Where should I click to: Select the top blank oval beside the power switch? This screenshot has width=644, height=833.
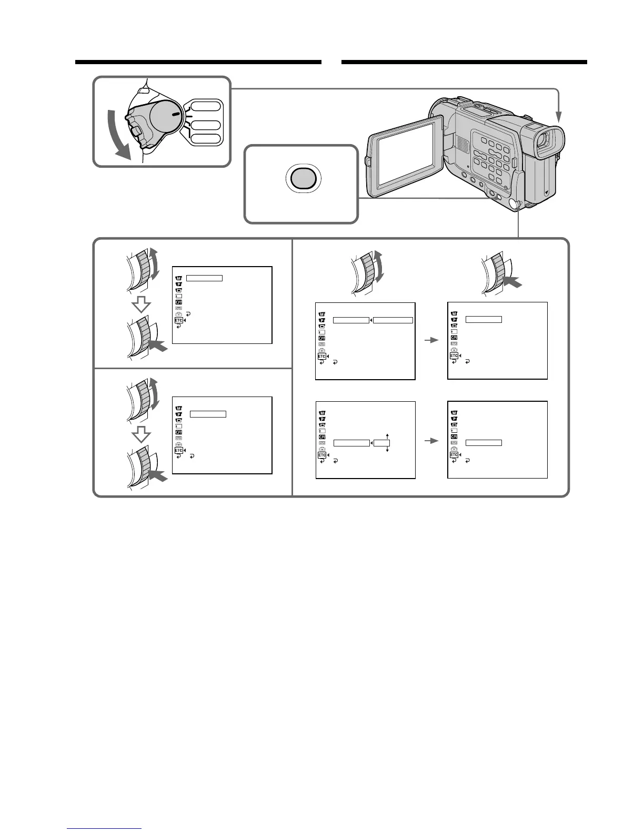click(x=206, y=106)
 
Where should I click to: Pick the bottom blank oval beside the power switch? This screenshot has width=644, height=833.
click(x=206, y=139)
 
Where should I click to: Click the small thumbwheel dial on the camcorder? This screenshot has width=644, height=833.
click(x=518, y=204)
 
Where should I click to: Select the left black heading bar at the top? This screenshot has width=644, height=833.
click(x=198, y=62)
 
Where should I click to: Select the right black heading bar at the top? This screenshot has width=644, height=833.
click(x=464, y=62)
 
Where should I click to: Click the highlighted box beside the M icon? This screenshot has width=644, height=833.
click(x=204, y=278)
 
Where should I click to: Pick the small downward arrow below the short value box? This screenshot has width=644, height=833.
click(x=387, y=451)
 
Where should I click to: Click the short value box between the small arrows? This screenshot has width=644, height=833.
click(x=381, y=443)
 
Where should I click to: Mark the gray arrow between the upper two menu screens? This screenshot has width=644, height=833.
click(x=431, y=340)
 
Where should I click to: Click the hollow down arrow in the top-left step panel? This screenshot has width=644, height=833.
click(x=140, y=304)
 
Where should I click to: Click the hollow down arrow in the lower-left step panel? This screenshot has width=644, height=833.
click(x=140, y=435)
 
